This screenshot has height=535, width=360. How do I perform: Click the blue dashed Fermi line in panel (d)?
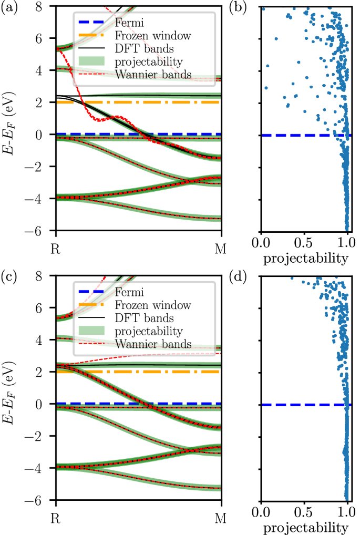click(x=294, y=405)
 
